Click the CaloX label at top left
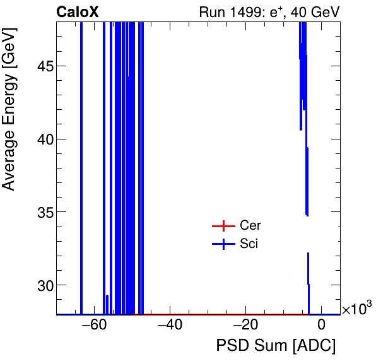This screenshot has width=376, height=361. coord(78,12)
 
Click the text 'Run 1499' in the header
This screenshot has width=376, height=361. coord(225,12)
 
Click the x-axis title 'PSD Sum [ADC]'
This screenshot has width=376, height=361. coord(276,346)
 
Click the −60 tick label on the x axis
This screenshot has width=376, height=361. coord(94,326)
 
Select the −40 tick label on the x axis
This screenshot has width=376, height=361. coord(170,326)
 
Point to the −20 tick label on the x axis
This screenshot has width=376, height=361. coord(245,326)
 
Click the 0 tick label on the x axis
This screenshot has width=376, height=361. coord(321,326)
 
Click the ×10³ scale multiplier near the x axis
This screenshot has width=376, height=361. coord(356,309)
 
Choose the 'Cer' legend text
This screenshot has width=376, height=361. coord(250,226)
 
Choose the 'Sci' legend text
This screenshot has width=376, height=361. coord(249,244)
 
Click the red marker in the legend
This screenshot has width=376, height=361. coord(223,226)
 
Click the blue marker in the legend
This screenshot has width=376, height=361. coord(223,244)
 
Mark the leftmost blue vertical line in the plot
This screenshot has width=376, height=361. coord(81,164)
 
